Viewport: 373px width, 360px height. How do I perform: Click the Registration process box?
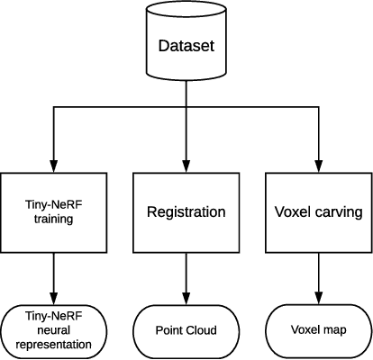(186, 211)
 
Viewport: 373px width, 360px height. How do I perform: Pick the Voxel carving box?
(317, 211)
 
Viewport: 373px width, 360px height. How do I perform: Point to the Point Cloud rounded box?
(186, 330)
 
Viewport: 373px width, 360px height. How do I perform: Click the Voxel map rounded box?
(317, 330)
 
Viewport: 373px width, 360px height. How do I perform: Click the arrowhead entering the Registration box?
(186, 165)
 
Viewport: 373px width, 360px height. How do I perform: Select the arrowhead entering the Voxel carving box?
(317, 165)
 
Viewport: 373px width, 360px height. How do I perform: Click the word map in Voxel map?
(334, 330)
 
